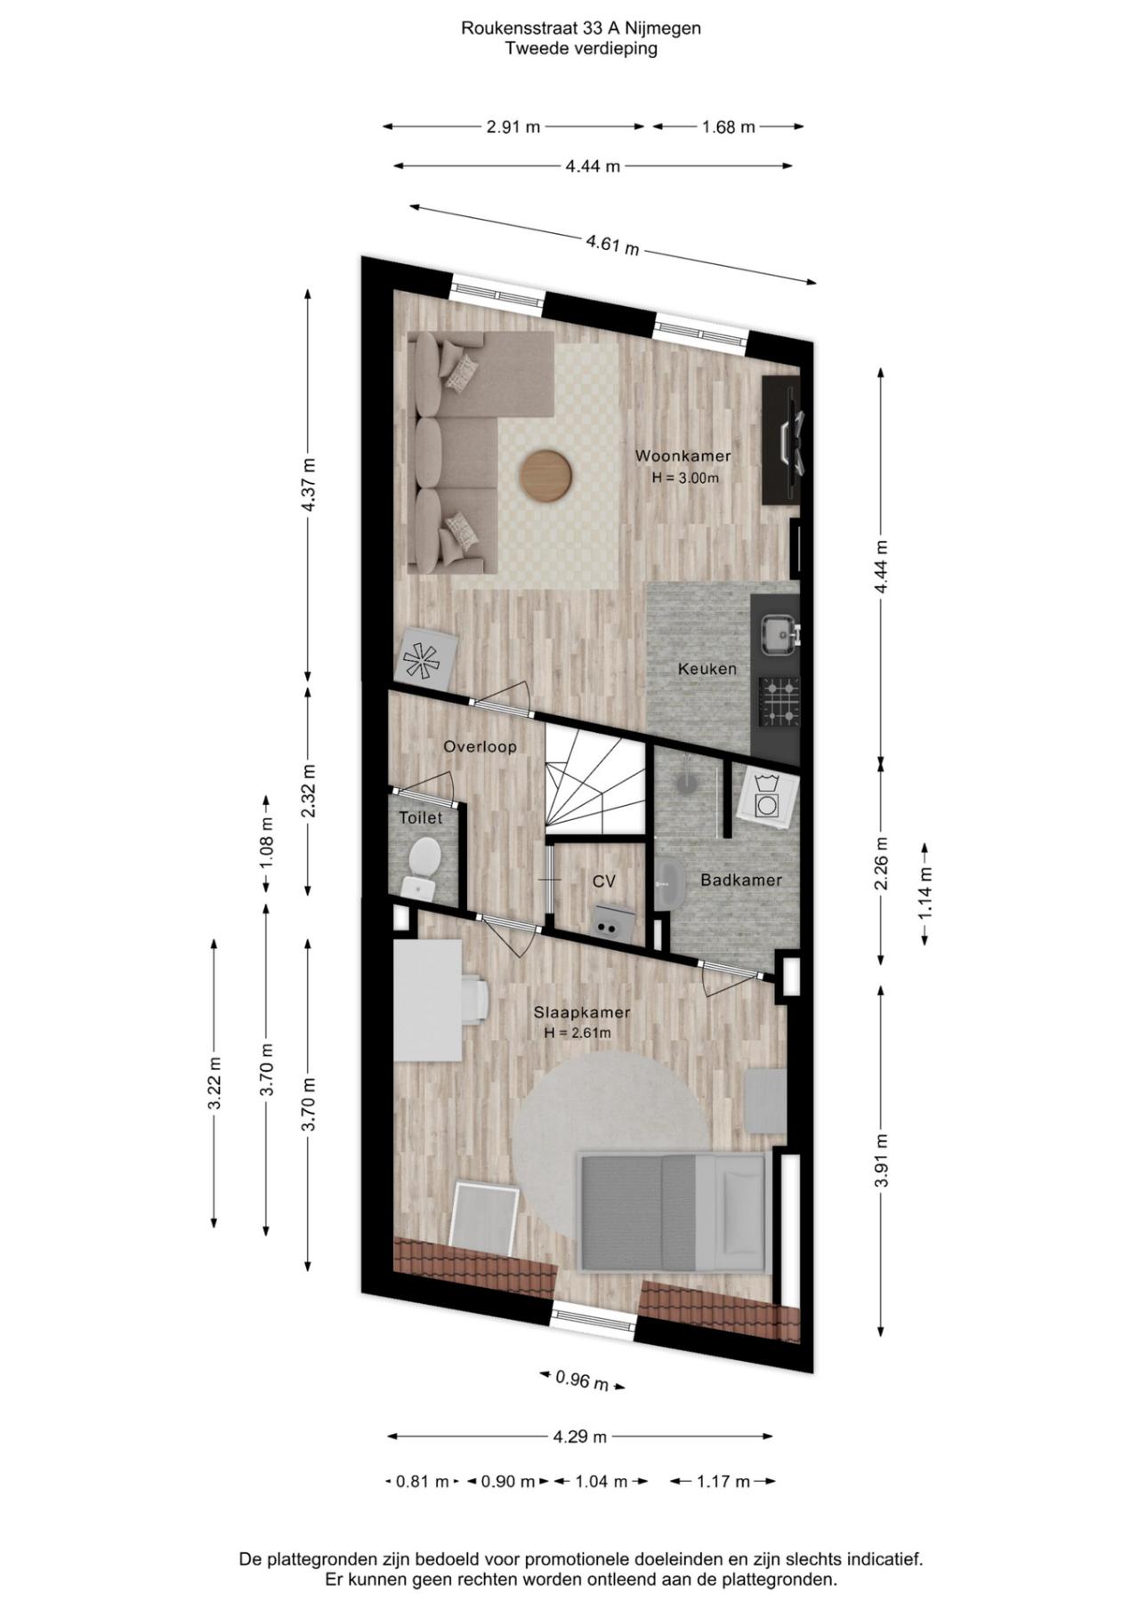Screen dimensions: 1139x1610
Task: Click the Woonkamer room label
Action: tap(683, 456)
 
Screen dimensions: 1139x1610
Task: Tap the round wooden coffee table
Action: tap(545, 476)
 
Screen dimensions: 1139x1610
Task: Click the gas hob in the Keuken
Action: tap(780, 700)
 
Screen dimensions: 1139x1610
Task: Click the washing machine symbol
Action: tap(765, 796)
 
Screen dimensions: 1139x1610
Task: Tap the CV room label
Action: tap(604, 881)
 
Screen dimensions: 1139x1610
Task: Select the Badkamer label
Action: tap(741, 880)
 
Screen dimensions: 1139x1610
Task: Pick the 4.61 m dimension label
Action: tap(612, 244)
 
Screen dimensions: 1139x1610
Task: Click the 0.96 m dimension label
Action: tap(582, 1381)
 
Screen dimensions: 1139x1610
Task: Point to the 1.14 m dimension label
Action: tap(925, 893)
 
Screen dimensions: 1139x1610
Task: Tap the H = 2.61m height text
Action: tap(578, 1033)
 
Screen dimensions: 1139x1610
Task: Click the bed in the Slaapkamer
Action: tap(673, 1211)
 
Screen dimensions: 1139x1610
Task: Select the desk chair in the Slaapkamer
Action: tap(475, 998)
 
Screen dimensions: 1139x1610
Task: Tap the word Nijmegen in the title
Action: tap(666, 28)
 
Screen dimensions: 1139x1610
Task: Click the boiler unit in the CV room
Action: tap(612, 922)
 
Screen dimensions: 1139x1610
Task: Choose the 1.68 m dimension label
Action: tap(728, 127)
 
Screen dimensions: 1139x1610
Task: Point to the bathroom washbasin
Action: tap(669, 885)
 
